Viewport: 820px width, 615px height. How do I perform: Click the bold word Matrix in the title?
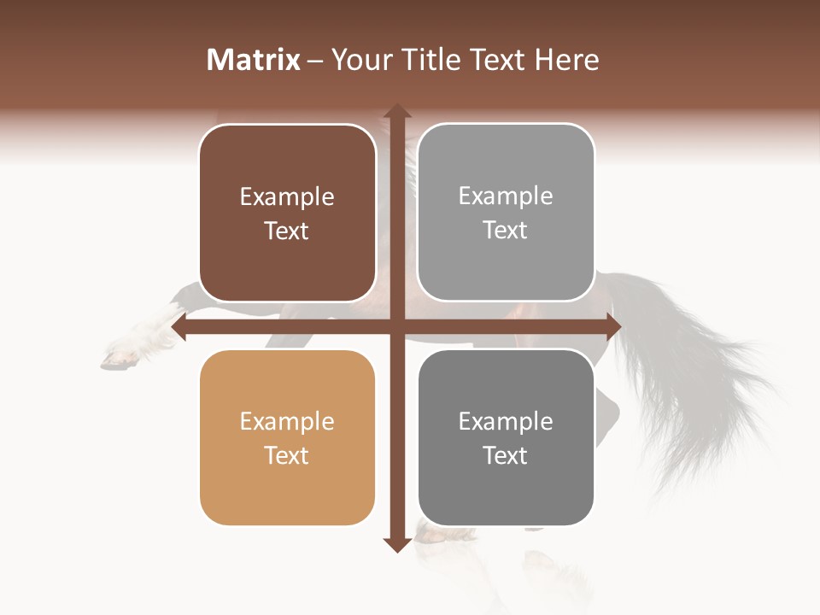pos(254,60)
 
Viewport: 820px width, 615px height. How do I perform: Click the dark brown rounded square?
pos(287,214)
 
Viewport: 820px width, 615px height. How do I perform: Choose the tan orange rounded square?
pos(287,437)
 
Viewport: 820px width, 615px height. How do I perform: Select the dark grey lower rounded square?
pos(506,437)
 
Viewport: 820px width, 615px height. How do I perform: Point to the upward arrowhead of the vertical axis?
pos(396,112)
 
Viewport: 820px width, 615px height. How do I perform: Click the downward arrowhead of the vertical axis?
pos(396,544)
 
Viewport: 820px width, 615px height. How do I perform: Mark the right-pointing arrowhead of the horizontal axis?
pos(612,327)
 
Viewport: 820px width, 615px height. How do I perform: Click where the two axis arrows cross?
pos(396,327)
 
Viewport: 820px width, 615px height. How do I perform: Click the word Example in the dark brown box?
pos(287,197)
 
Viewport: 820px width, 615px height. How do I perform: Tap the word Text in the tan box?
pos(287,455)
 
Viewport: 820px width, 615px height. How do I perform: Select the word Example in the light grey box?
pos(506,196)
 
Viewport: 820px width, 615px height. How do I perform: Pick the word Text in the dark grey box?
pos(506,455)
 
